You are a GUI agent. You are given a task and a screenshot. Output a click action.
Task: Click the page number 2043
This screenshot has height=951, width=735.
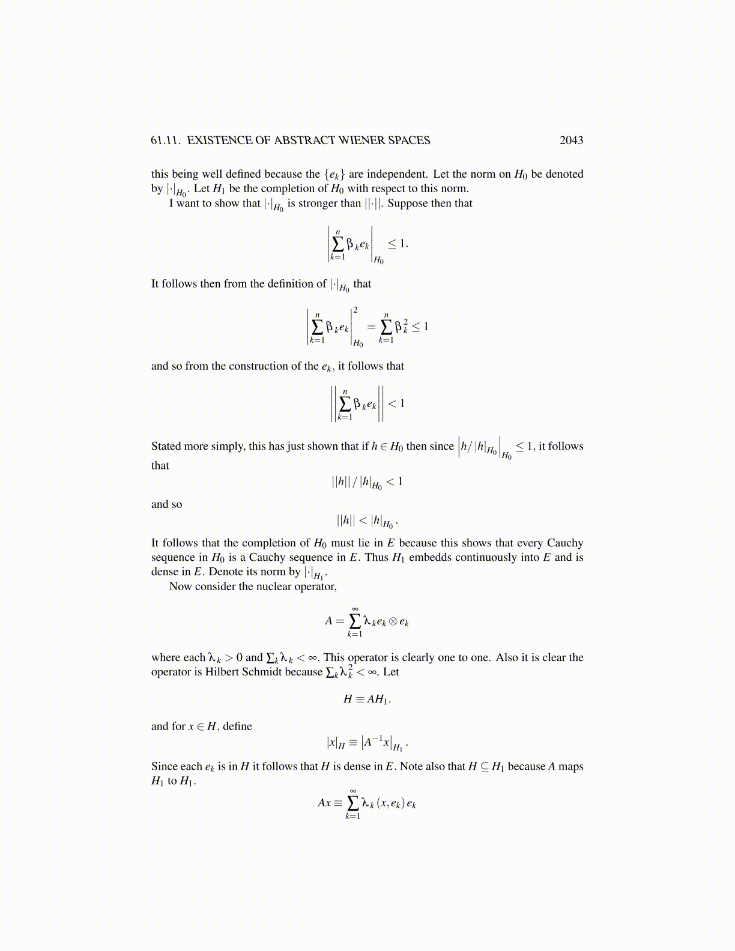[x=571, y=140]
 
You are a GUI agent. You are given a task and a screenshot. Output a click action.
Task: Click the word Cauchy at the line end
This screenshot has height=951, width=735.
[x=564, y=543]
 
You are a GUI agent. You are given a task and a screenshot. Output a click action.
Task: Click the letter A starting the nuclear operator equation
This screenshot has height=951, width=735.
[x=328, y=621]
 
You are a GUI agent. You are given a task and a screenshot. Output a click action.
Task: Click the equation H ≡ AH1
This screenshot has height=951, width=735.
[x=367, y=699]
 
